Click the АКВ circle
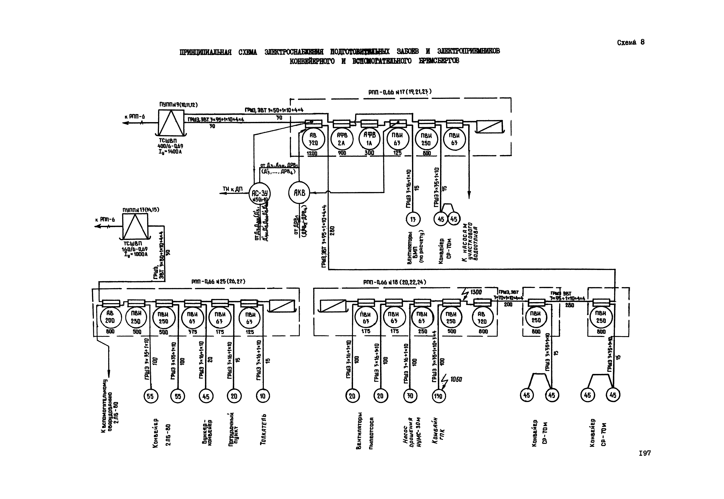(x=299, y=193)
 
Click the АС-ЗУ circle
(x=259, y=194)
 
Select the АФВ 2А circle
(x=342, y=139)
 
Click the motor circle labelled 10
(x=263, y=396)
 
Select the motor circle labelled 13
(x=413, y=219)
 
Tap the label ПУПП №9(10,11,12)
(x=178, y=105)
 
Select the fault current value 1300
(x=476, y=292)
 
